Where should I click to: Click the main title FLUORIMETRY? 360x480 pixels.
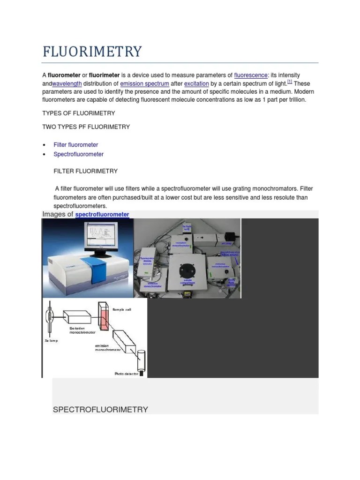tap(92, 51)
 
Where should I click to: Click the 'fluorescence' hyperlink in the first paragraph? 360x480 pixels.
tap(251, 75)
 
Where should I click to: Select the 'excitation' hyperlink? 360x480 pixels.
tap(196, 83)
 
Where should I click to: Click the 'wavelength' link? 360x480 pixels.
tap(67, 83)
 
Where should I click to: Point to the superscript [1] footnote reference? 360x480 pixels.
tap(290, 82)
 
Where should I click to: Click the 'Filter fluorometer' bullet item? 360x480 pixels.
tap(75, 145)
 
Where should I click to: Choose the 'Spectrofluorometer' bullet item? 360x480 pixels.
tap(78, 154)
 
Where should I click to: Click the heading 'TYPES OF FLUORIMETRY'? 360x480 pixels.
tap(78, 113)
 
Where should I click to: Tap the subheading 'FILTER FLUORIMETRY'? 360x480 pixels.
tap(86, 171)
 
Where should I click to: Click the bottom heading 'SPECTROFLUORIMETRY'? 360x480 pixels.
tap(100, 409)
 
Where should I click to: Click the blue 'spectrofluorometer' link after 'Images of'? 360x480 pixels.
tap(102, 214)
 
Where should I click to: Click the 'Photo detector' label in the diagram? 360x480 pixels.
tap(126, 374)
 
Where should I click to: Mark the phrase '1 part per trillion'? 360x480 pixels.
tap(279, 100)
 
